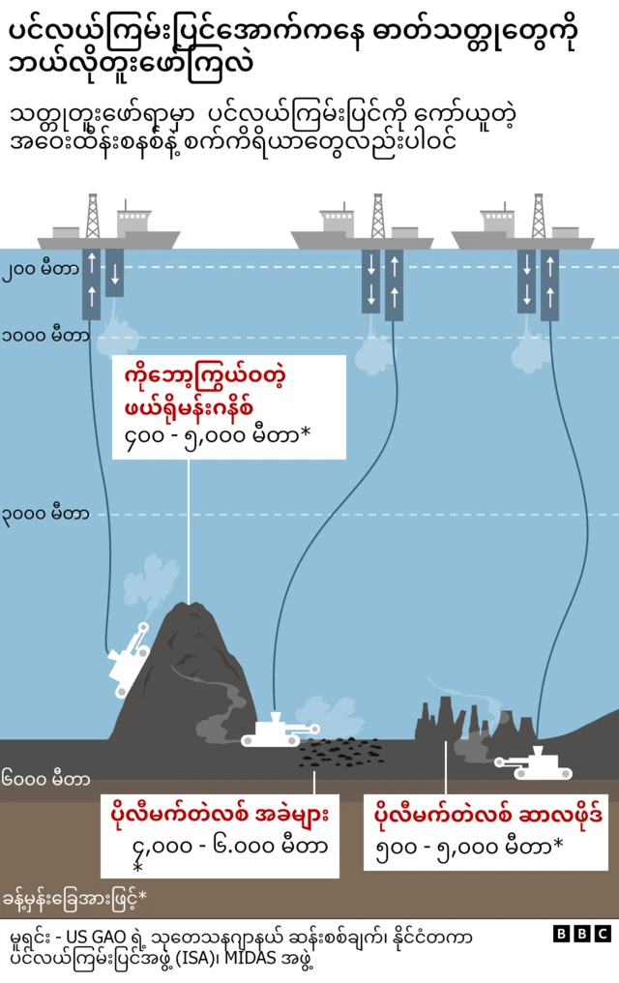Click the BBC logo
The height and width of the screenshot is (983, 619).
(x=582, y=934)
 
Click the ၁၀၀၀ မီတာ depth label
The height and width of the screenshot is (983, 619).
(x=45, y=337)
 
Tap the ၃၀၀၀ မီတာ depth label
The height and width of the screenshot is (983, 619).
(x=45, y=514)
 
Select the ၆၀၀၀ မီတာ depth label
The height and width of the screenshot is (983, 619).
(x=45, y=778)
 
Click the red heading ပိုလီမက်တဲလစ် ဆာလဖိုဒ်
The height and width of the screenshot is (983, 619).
(x=488, y=816)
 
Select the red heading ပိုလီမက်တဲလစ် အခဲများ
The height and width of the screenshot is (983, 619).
(x=220, y=816)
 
